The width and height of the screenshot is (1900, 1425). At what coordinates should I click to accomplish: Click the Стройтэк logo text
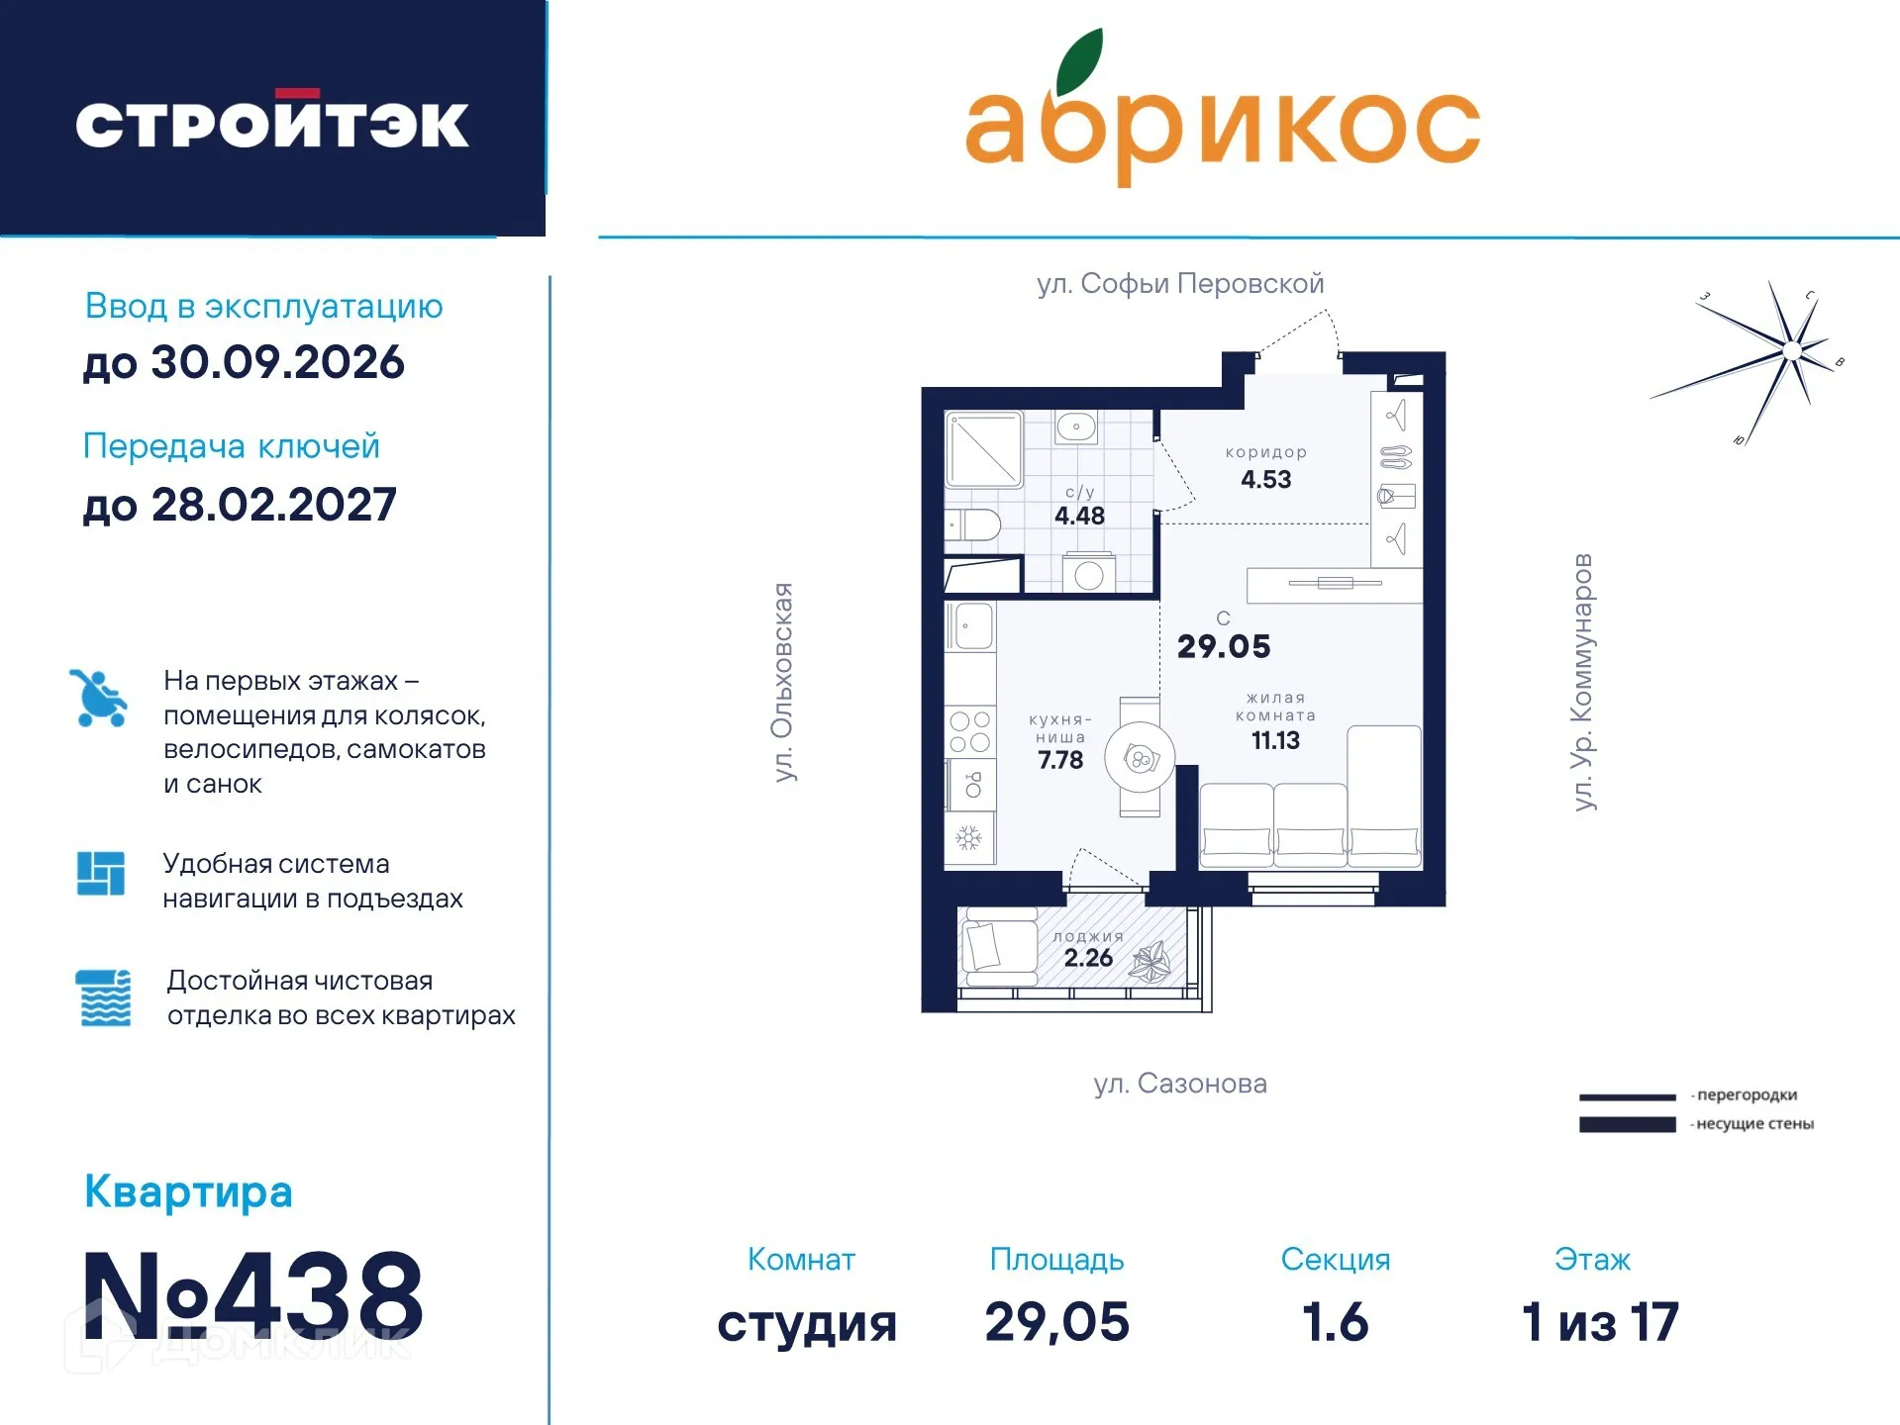(x=272, y=124)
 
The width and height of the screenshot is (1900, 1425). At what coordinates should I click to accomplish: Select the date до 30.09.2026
(x=244, y=362)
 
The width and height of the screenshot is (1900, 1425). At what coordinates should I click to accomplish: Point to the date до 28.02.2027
(x=240, y=505)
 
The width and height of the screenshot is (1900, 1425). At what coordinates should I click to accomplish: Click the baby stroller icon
(x=99, y=699)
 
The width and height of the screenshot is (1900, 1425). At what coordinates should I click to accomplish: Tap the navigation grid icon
(x=101, y=874)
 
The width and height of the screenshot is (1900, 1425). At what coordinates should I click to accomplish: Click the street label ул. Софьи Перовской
(x=1180, y=284)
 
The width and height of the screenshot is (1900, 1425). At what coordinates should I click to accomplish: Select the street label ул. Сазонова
(x=1180, y=1084)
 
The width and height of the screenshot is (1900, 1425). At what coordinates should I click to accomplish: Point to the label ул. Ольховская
(x=783, y=683)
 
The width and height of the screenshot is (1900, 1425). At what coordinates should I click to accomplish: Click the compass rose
(x=1792, y=351)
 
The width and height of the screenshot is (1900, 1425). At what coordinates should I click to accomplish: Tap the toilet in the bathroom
(x=975, y=523)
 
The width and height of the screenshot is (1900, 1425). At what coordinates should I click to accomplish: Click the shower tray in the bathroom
(x=983, y=449)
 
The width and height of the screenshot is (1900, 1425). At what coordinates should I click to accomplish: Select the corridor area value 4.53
(x=1266, y=480)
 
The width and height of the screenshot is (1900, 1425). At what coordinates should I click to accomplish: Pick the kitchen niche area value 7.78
(x=1060, y=760)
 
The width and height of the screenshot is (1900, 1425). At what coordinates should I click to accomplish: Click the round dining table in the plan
(x=1140, y=759)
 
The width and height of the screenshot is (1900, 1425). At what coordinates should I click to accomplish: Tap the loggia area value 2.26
(x=1088, y=958)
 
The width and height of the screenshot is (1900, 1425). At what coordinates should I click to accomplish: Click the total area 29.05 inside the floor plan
(x=1224, y=646)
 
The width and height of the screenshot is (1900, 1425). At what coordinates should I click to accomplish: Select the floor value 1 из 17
(x=1599, y=1322)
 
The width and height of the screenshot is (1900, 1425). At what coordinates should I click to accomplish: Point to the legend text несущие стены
(x=1754, y=1124)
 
